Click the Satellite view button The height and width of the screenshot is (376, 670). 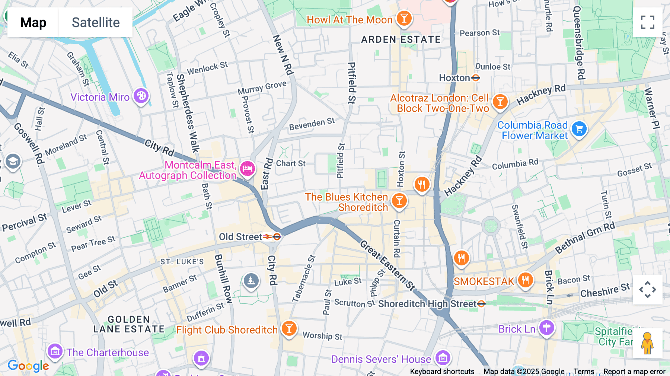tap(96, 22)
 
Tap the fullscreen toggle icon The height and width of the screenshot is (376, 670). tap(647, 22)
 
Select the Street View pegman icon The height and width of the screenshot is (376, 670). tap(647, 343)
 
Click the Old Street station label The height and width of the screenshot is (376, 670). tap(240, 237)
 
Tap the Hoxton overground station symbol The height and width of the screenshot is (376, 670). tap(475, 78)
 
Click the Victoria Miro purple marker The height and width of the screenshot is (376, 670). tap(141, 96)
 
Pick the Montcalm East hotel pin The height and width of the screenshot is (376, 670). tap(248, 169)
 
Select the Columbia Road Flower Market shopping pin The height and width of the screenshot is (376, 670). tap(579, 129)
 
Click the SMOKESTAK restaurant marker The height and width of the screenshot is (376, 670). tap(525, 280)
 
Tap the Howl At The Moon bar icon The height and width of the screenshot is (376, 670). tap(404, 18)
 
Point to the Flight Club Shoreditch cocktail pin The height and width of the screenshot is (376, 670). tap(289, 328)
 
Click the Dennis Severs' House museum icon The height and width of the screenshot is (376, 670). tap(443, 358)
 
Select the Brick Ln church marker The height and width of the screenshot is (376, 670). tap(546, 328)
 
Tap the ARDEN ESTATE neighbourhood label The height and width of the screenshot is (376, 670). tap(401, 39)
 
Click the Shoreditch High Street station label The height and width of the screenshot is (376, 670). tap(427, 304)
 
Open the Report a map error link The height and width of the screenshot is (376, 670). tap(634, 372)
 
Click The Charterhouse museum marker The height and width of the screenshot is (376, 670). tap(55, 351)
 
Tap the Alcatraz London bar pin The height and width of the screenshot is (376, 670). tap(500, 102)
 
